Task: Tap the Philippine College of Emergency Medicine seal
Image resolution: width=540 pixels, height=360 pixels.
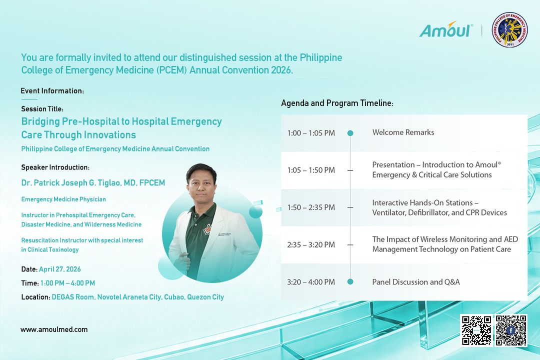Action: (x=509, y=30)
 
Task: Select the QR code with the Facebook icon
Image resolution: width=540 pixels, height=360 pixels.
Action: (x=511, y=330)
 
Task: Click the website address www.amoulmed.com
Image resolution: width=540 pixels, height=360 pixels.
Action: (x=54, y=329)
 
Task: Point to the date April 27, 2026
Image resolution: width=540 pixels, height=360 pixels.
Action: (x=60, y=269)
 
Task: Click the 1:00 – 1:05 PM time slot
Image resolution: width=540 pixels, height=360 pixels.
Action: (x=311, y=133)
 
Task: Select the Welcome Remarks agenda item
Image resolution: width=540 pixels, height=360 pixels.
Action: (x=403, y=132)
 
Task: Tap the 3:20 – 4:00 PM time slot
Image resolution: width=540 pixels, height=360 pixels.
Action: (x=311, y=282)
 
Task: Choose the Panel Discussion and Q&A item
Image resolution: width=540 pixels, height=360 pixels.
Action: (x=416, y=282)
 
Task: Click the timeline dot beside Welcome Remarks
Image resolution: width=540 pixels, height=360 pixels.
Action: (x=350, y=133)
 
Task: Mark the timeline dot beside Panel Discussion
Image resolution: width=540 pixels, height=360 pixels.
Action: (x=350, y=282)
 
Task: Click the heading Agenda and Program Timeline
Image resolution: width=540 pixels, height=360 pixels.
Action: (x=337, y=103)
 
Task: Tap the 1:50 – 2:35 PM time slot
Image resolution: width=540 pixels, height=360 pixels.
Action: (x=311, y=207)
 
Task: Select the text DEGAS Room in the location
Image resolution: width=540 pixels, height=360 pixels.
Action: (x=72, y=297)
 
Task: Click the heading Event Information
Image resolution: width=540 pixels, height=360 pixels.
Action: (x=52, y=91)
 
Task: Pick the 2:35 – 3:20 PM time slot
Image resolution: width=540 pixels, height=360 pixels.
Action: (x=311, y=245)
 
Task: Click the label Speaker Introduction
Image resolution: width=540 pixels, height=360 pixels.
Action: (x=55, y=167)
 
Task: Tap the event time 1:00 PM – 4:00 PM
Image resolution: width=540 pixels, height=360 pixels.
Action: (x=67, y=283)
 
